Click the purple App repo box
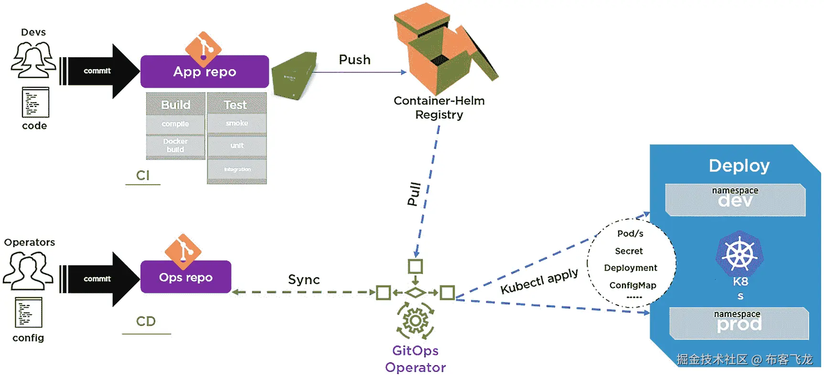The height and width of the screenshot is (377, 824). coord(204,72)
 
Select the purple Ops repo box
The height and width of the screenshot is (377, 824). coord(186,277)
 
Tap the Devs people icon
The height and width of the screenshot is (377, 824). coord(33,60)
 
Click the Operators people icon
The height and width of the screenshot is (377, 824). coord(28,270)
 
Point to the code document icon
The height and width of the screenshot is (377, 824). coord(35,102)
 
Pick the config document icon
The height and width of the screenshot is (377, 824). coord(29,312)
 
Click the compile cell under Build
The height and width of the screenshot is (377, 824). coord(175,124)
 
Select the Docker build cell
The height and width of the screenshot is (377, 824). coord(175,146)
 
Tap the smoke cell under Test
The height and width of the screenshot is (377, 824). coord(237,123)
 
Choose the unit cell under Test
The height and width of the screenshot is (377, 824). coord(237,146)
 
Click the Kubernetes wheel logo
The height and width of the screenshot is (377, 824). coord(739,254)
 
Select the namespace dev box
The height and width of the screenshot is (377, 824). coord(735,199)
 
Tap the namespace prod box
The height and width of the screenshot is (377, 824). coord(738,323)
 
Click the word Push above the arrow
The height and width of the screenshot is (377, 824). coord(354,60)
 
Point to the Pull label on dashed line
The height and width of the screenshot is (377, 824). coord(414,194)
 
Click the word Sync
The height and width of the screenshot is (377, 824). coord(304,280)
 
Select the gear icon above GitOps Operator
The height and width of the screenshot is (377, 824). coord(415,321)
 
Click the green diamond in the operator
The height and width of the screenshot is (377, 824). coord(415,293)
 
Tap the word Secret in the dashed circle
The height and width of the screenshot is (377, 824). coord(629,251)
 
